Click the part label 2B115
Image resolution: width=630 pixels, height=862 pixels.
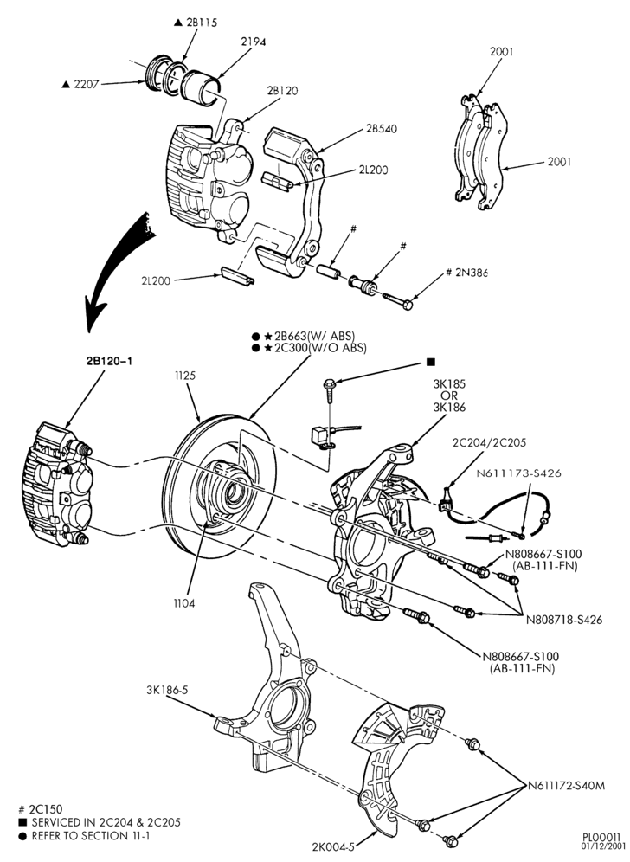202,23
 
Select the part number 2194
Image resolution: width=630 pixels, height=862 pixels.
254,42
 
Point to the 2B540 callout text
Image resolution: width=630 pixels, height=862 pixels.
382,129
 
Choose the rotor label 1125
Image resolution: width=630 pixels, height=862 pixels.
185,376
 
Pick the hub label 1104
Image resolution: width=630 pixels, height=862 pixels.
184,603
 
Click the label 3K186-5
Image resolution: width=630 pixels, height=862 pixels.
167,690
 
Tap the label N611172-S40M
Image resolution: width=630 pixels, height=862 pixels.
566,786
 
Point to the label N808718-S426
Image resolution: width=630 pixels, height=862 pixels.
564,620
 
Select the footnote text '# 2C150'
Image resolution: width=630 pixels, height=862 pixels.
41,809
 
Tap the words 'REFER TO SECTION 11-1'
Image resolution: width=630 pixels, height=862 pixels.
91,836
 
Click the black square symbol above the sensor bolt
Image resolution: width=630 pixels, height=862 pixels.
430,362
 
